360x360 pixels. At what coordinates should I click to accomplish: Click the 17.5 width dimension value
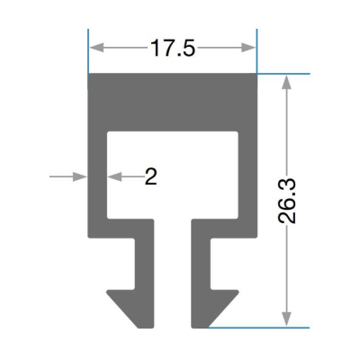(x=173, y=48)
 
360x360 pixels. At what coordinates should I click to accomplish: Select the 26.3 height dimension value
(x=287, y=202)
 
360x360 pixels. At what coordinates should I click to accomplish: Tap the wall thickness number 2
(x=151, y=176)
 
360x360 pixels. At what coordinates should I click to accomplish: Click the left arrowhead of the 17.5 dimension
(x=96, y=48)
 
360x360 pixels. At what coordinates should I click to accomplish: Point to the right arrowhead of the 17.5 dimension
(x=248, y=48)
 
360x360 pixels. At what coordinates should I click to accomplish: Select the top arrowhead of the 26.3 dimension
(x=287, y=81)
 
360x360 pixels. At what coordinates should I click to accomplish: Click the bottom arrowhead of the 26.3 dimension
(x=287, y=319)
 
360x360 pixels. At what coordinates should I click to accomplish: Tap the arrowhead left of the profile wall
(x=80, y=176)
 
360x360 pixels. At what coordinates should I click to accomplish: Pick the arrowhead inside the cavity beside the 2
(x=114, y=176)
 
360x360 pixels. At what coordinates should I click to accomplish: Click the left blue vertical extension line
(x=88, y=59)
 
